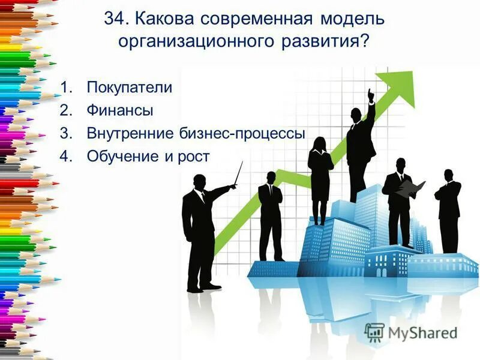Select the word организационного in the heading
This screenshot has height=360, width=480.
191,41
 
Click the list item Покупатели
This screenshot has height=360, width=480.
129,88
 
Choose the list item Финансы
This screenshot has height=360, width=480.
119,110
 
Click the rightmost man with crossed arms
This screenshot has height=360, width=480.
449,210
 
